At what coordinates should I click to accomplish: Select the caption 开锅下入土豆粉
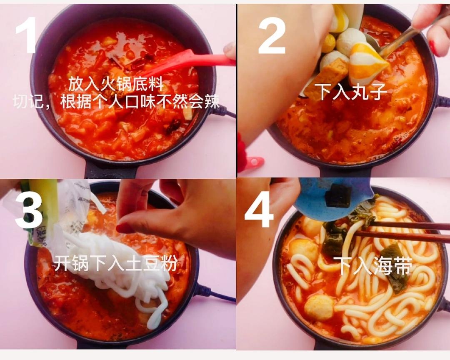pyautogui.click(x=115, y=263)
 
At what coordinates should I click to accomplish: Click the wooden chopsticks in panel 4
pyautogui.click(x=400, y=232)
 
